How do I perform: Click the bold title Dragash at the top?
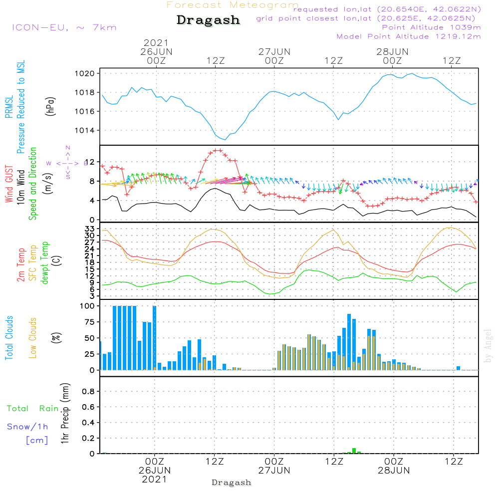tap(208, 20)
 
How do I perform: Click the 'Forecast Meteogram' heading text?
tap(232, 5)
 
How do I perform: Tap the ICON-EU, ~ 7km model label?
tap(64, 27)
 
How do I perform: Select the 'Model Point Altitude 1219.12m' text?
tap(409, 36)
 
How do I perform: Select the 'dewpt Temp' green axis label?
tap(45, 263)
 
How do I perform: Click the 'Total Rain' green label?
tap(32, 409)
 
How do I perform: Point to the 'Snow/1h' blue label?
tap(27, 427)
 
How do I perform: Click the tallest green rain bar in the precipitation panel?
tap(354, 451)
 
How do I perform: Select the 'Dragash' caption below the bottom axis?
tap(232, 483)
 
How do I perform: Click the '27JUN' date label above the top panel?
tap(274, 51)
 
